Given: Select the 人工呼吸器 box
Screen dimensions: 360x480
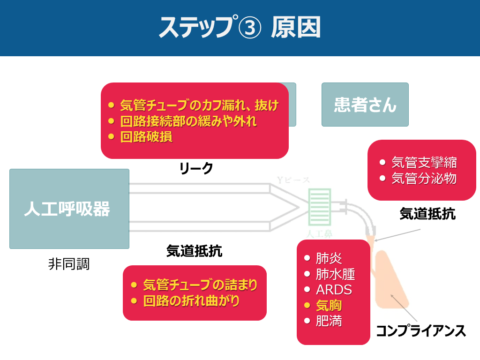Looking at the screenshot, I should [x=69, y=209].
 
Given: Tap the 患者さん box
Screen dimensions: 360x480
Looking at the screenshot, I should [x=365, y=105].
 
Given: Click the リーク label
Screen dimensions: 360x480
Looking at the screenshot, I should [x=196, y=168].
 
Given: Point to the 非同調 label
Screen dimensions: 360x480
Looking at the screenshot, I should [x=68, y=264].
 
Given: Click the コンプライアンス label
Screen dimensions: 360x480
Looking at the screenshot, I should [x=420, y=331].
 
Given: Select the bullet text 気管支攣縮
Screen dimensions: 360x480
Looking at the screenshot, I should [x=424, y=163].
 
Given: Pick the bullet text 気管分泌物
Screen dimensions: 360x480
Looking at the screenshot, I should [x=424, y=179].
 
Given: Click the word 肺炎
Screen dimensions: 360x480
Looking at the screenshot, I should [x=329, y=258].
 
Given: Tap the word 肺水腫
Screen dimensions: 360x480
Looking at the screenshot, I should [x=335, y=274].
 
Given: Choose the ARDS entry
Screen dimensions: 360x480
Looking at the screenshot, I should [x=334, y=290].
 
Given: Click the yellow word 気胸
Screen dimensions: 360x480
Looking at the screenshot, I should [x=329, y=306].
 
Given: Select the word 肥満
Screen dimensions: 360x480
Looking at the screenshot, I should [x=329, y=322].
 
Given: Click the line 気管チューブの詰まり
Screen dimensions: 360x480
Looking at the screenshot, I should [x=200, y=285].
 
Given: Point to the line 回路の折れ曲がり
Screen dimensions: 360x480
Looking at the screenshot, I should [x=191, y=300].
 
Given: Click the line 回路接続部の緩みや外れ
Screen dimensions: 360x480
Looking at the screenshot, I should [x=188, y=121].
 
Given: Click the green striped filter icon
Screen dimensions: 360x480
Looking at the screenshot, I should [x=320, y=207].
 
